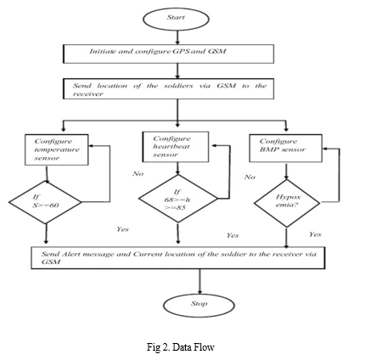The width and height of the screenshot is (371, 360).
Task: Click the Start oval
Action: point(176,19)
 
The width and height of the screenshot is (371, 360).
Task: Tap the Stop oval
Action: point(200,306)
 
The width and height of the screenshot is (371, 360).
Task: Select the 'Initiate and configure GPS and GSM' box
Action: point(168,53)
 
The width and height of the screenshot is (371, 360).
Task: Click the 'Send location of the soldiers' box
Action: point(168,89)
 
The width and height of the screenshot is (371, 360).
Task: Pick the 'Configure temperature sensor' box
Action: point(57,149)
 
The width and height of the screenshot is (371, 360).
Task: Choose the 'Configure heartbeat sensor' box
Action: point(176,147)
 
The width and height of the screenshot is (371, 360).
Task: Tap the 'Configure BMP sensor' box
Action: point(285,148)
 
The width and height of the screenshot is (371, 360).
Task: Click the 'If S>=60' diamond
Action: point(45,202)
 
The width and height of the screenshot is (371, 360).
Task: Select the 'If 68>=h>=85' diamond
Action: point(178,199)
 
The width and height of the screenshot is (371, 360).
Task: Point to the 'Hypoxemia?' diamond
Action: point(287,203)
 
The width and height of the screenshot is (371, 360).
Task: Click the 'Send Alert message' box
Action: point(178,257)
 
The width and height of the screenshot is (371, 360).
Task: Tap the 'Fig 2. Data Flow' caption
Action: point(181,347)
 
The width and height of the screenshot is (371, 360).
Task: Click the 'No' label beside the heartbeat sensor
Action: point(138,173)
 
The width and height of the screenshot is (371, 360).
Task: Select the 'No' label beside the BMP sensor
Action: point(250,177)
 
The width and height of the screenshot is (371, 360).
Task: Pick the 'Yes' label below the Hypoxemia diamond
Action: point(315,234)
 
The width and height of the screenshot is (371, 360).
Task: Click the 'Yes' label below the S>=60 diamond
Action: point(123,229)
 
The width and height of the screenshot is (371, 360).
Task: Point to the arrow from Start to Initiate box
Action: point(177,37)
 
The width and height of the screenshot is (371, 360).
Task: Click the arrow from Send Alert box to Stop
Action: point(200,281)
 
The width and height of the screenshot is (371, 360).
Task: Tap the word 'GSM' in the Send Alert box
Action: point(51,262)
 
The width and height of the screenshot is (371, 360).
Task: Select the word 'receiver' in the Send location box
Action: point(87,94)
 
